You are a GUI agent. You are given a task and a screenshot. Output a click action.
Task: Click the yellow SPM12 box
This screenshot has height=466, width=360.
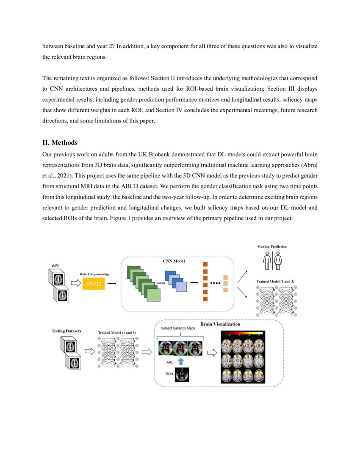(x=93, y=284)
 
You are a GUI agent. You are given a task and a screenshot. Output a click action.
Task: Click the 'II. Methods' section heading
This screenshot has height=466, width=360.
(x=60, y=143)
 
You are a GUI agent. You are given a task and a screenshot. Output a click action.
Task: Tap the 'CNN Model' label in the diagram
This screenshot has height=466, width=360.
(x=174, y=261)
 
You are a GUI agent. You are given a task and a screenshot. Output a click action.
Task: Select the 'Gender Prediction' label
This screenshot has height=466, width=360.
(x=272, y=246)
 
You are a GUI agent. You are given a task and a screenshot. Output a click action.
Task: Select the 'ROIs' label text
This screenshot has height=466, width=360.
(x=169, y=374)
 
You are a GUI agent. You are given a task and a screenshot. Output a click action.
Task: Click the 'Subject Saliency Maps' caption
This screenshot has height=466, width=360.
(x=178, y=328)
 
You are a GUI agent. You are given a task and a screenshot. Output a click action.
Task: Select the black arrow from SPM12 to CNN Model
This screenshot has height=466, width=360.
(x=112, y=283)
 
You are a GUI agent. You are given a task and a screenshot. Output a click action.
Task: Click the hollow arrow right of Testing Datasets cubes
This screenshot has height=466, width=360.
(x=90, y=351)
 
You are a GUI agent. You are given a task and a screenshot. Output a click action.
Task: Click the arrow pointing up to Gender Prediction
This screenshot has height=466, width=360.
(x=243, y=276)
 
